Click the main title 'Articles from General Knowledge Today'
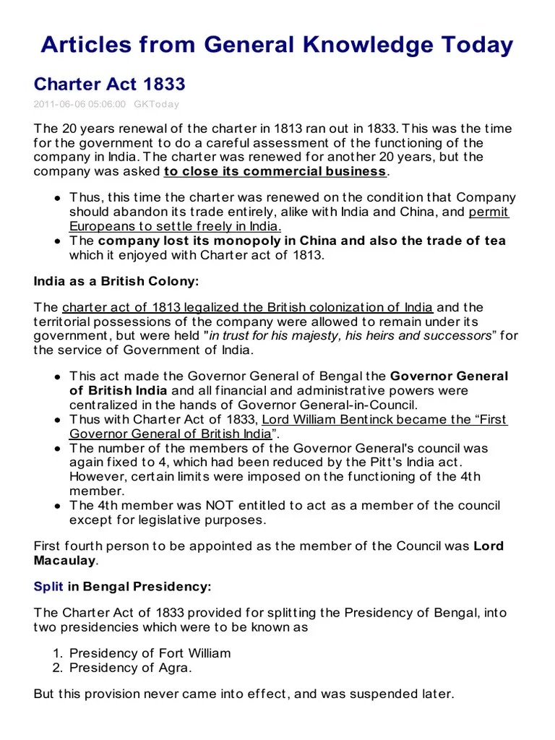(277, 45)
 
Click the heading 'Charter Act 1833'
(109, 85)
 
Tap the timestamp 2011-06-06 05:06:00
(79, 104)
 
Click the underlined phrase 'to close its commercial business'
(275, 171)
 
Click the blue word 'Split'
(48, 587)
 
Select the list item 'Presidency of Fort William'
(150, 653)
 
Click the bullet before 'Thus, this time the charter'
(56, 198)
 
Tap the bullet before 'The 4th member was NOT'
(56, 506)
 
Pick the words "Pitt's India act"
(416, 462)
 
